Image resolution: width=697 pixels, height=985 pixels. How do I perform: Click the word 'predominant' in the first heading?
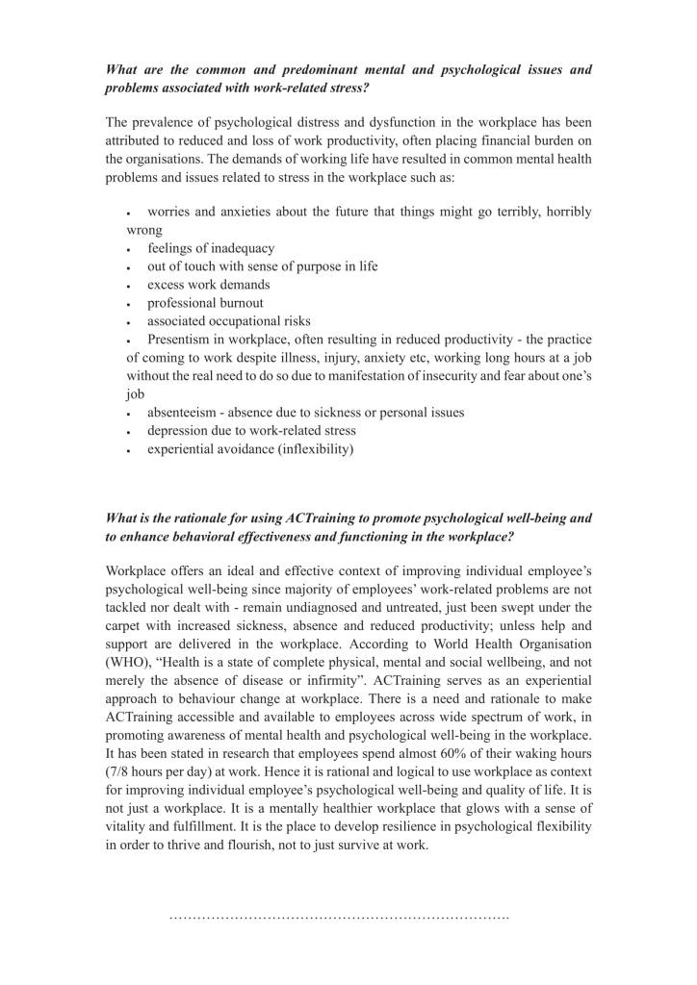pos(288,70)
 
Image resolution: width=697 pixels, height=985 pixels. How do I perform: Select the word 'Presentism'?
pos(181,340)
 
